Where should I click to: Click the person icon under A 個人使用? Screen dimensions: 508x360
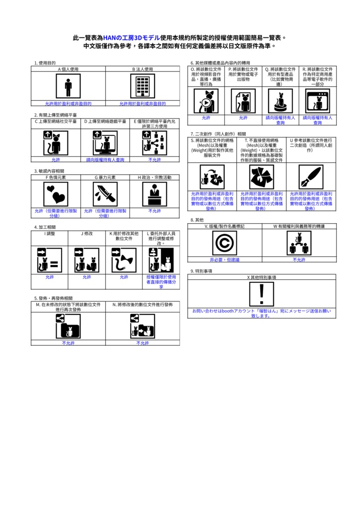68,87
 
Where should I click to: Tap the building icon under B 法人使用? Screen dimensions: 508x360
143,87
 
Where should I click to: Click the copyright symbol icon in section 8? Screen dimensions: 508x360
224,243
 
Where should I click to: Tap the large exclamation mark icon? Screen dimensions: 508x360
262,294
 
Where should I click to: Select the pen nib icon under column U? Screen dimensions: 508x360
311,177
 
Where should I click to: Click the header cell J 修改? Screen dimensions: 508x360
87,233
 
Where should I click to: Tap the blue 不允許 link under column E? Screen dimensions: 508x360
154,160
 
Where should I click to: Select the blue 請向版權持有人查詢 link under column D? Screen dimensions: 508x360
105,160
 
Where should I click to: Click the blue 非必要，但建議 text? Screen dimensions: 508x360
224,259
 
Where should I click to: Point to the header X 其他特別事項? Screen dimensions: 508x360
262,277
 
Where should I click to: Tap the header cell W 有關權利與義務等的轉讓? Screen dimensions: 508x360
299,226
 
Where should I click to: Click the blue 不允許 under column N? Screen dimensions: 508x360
143,343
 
